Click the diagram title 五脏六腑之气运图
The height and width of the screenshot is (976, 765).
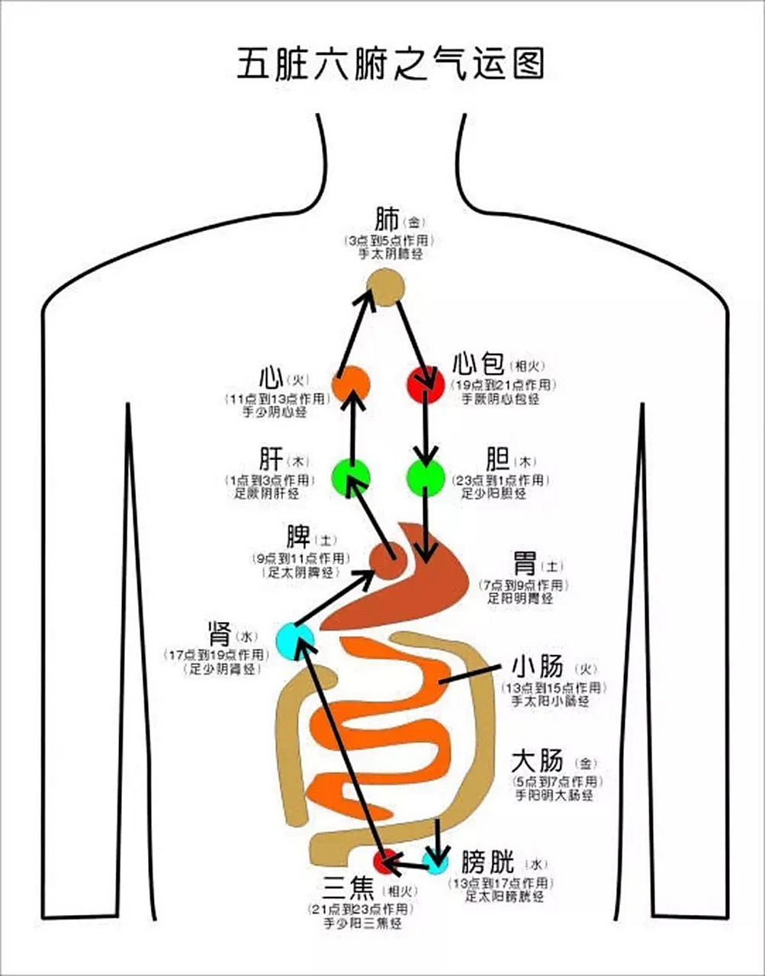tap(390, 64)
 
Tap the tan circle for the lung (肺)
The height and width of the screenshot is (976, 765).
tap(384, 289)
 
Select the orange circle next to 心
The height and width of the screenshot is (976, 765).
tap(352, 384)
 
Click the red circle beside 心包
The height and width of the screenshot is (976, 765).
tap(425, 384)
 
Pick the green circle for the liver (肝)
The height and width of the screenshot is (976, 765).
tap(351, 477)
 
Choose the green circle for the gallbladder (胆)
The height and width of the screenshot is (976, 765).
tap(426, 477)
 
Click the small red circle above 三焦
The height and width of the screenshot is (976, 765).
tap(386, 862)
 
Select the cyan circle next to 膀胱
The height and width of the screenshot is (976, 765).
tap(436, 864)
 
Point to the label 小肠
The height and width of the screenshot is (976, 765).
tap(537, 666)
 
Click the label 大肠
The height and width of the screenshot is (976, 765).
tap(537, 760)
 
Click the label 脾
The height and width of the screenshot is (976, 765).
tap(297, 537)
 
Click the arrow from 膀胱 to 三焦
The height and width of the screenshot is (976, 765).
tap(410, 864)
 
